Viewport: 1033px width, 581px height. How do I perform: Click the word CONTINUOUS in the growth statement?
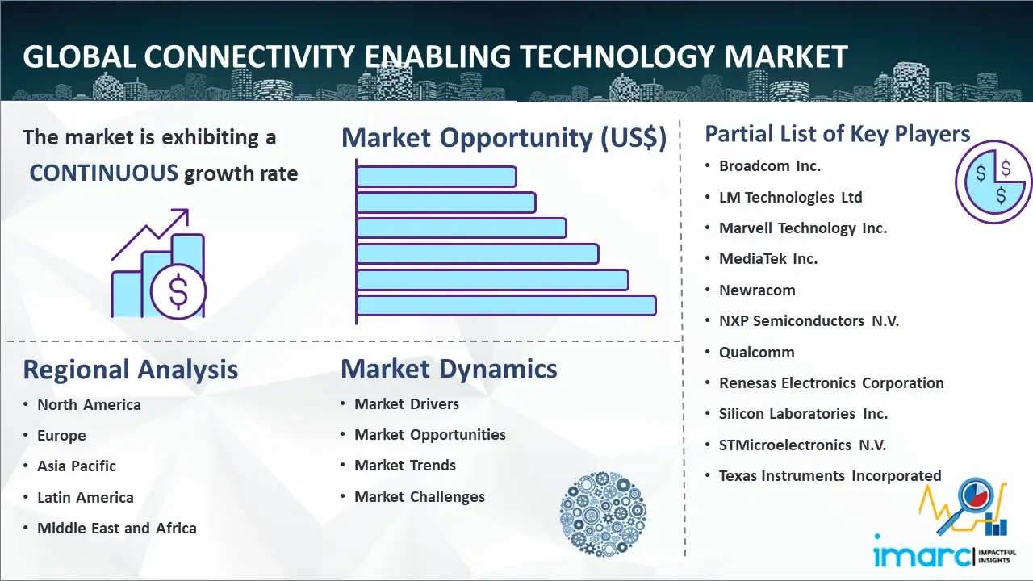104,173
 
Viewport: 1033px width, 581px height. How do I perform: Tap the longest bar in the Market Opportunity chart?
506,306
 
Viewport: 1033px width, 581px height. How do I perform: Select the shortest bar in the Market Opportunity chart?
437,177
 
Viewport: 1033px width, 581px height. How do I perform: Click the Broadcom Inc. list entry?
770,166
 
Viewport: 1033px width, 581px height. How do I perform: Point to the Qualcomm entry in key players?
757,353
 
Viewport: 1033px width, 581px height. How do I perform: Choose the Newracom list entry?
757,290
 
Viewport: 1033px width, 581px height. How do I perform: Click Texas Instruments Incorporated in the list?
830,476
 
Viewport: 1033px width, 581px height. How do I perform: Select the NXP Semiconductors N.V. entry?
809,321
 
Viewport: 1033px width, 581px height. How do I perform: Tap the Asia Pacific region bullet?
77,466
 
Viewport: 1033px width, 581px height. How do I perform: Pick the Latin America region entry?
86,498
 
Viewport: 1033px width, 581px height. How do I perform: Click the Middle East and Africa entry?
117,528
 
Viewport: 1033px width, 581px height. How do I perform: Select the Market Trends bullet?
405,466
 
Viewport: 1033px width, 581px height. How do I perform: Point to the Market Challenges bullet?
420,496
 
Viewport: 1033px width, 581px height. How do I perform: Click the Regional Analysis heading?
131,370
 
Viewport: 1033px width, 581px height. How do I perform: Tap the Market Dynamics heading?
449,369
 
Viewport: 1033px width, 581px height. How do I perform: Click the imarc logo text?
922,555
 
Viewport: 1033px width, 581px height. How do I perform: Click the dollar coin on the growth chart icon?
178,291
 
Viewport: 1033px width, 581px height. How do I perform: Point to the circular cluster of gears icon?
603,514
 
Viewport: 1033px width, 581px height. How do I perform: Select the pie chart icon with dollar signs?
993,182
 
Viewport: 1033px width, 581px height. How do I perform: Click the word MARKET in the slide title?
785,56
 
